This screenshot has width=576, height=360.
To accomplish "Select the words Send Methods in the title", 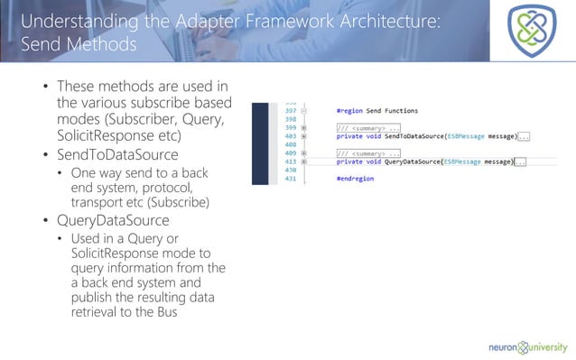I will pos(78,44).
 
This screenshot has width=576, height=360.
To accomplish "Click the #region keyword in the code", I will pos(349,110).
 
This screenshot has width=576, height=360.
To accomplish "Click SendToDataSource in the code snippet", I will pos(413,136).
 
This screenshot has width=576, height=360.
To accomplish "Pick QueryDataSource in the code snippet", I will pos(411,162).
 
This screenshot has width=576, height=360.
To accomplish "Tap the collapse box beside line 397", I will pos(304,110).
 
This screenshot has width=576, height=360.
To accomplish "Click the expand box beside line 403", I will pos(304,136).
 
